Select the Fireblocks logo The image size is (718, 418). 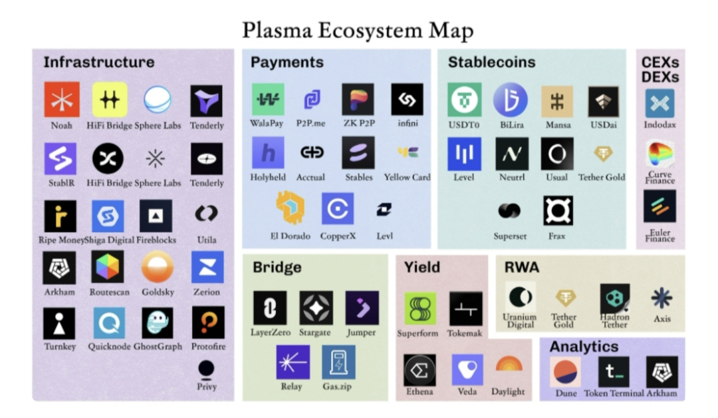click(x=156, y=215)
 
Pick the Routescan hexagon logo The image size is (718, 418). click(x=108, y=268)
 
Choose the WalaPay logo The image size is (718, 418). click(x=268, y=99)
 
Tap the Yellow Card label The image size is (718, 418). click(x=407, y=178)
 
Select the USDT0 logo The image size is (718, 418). click(x=464, y=100)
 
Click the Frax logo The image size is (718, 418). click(x=558, y=211)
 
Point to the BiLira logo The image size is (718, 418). click(x=511, y=99)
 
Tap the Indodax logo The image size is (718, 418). click(x=659, y=104)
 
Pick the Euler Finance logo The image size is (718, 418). click(x=659, y=206)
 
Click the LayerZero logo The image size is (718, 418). click(x=270, y=308)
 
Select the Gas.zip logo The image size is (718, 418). click(x=338, y=362)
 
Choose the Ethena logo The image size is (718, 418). click(x=420, y=370)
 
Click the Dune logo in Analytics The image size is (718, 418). click(x=566, y=372)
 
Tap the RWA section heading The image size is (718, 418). click(x=522, y=268)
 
